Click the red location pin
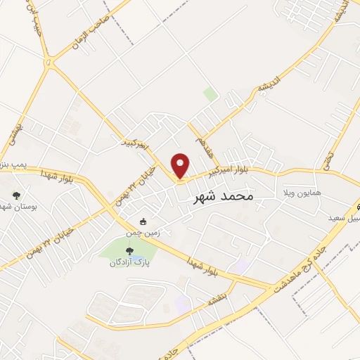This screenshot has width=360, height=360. [x=181, y=166]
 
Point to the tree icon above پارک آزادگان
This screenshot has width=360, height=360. [x=129, y=250]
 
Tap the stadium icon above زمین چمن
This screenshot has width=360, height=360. [x=143, y=221]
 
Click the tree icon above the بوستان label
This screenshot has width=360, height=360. [x=16, y=196]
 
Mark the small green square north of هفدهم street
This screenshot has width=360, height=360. [x=210, y=94]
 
